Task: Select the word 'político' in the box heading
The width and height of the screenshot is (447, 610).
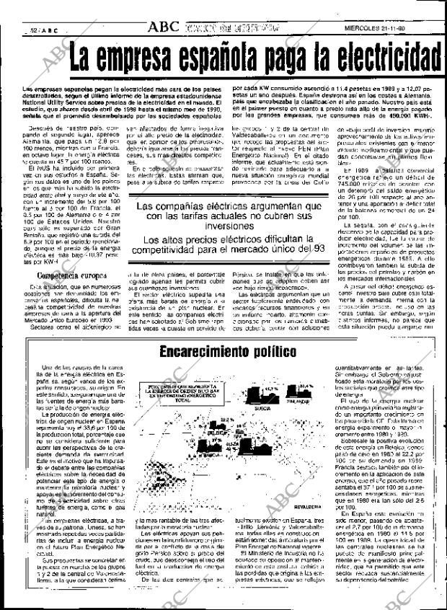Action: coord(273,352)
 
